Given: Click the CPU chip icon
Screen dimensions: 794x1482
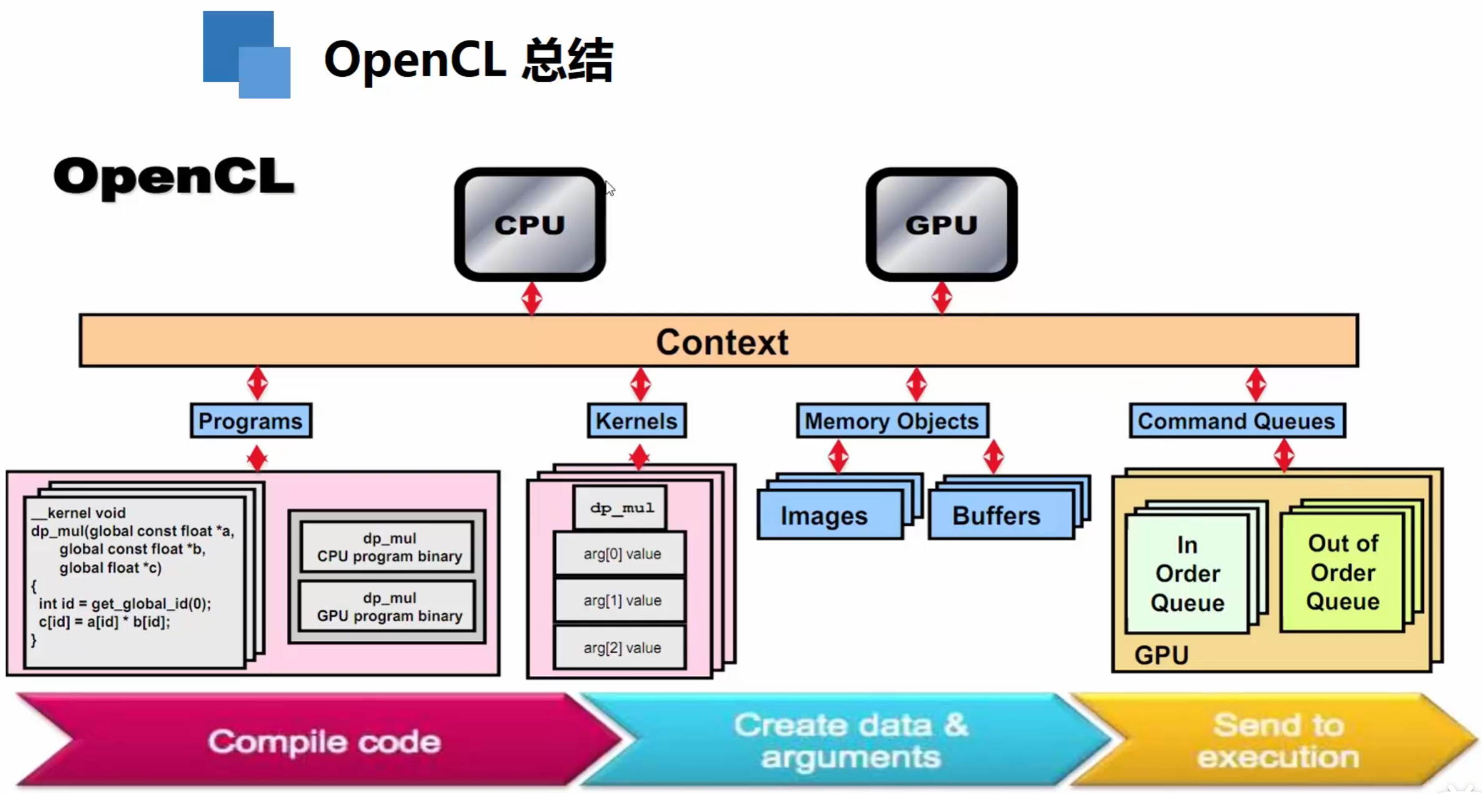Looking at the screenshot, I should tap(530, 224).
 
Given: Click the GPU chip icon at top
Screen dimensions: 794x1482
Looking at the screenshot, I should tap(941, 224).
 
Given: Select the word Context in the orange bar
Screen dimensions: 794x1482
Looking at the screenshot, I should tap(722, 342).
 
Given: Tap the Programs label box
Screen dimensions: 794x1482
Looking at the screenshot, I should tap(250, 421).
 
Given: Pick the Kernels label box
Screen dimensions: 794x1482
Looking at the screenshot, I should tap(636, 421).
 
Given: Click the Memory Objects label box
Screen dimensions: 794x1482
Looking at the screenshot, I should tap(891, 421).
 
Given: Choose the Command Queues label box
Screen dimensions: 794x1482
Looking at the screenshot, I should tap(1236, 421).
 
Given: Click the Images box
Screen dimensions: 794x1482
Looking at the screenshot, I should tap(824, 516).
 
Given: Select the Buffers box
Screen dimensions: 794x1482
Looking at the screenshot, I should tap(997, 516).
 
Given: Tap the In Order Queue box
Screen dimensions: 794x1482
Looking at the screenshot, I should tap(1187, 573).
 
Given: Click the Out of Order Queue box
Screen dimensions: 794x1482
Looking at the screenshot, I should tap(1343, 572).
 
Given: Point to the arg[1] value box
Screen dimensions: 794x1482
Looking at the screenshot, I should tap(621, 600).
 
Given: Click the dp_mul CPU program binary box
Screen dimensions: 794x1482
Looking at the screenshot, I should tap(388, 547).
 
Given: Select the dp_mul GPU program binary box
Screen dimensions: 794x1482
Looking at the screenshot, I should tap(388, 607).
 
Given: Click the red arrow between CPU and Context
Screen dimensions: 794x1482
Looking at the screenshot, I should tap(531, 298).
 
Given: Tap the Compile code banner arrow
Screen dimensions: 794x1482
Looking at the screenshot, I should tap(324, 741).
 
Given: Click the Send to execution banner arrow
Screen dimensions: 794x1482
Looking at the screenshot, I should tap(1277, 741).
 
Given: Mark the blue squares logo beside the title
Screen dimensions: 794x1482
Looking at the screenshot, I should tap(247, 55).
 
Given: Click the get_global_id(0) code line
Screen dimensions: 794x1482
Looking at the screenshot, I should tap(125, 603).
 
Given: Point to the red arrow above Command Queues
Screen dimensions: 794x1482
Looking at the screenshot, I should tap(1255, 384).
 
